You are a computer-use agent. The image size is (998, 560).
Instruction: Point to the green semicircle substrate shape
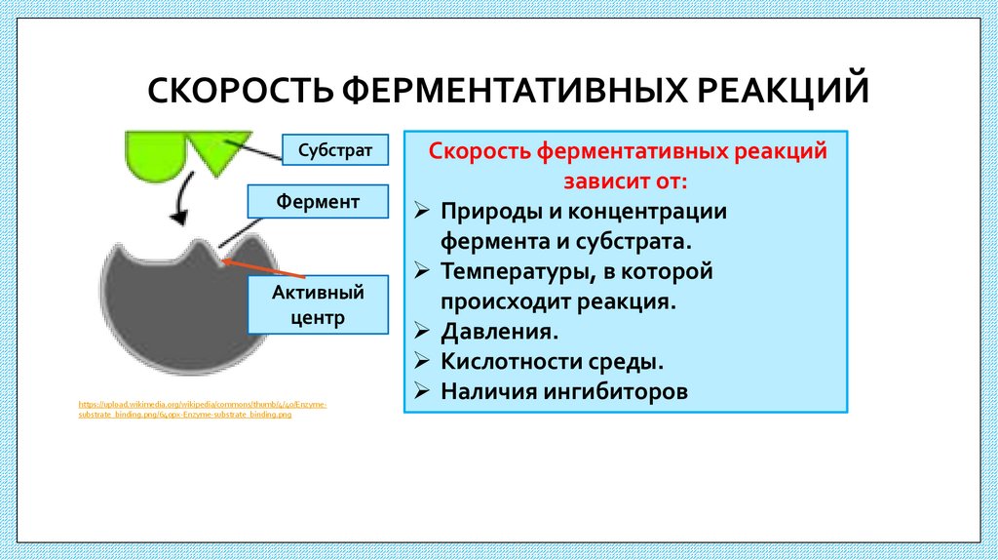click(157, 151)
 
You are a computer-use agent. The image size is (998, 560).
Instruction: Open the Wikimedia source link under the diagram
click(203, 409)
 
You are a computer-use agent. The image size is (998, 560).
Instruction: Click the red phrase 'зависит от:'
click(625, 180)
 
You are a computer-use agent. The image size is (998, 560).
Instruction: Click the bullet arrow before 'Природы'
click(421, 211)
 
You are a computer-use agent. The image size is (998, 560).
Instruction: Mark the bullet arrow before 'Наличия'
click(421, 391)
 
